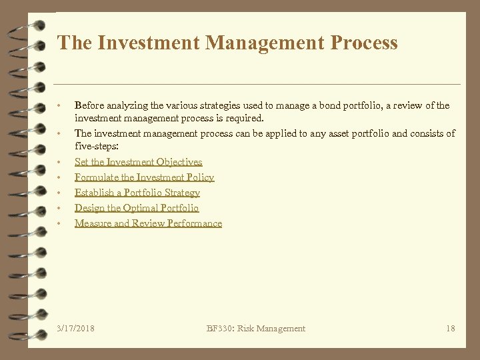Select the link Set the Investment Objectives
point(138,162)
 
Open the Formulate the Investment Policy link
point(144,177)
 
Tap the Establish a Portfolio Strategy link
point(137,193)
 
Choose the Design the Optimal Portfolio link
point(137,208)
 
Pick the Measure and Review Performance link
point(148,223)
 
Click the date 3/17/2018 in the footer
point(76,328)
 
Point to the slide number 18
point(450,328)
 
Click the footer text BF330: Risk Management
point(256,328)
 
